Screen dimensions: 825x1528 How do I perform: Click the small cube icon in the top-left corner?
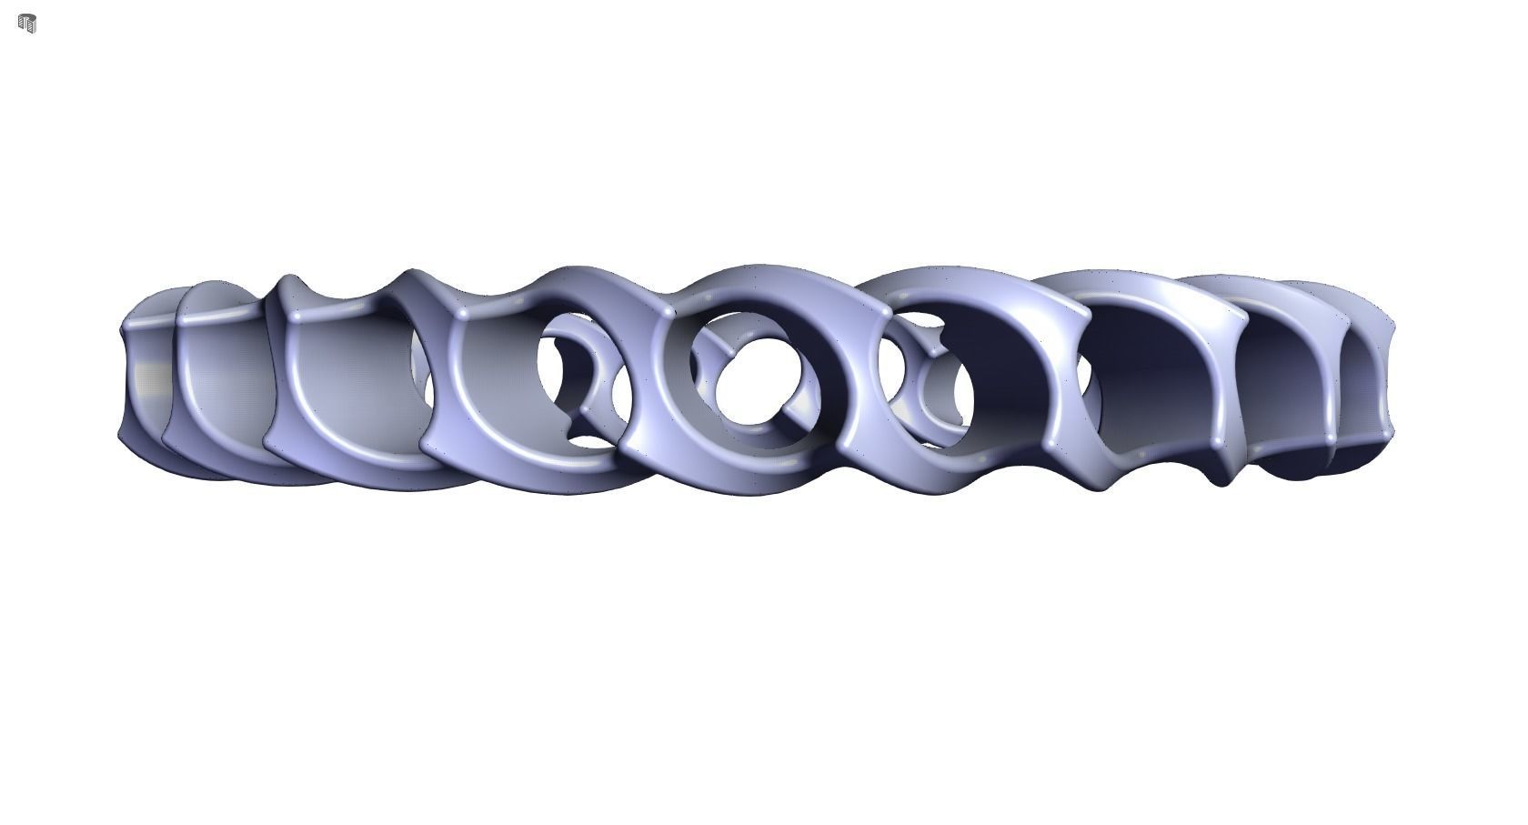[27, 24]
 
